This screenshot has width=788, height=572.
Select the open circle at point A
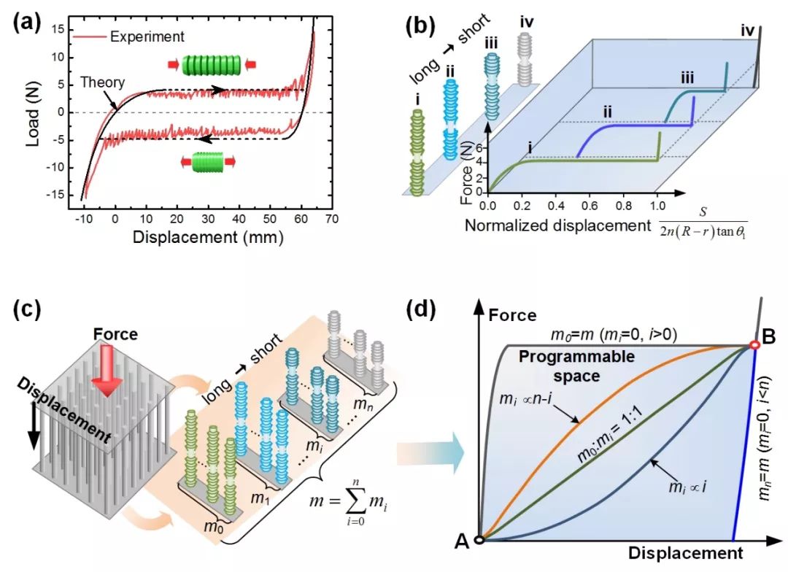click(x=479, y=540)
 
